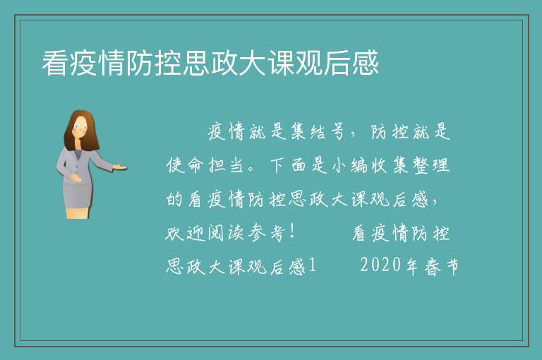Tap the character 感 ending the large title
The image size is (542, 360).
click(366, 63)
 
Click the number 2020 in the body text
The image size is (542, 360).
click(380, 265)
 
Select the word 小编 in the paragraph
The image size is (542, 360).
click(350, 165)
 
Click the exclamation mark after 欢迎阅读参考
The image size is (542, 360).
click(292, 232)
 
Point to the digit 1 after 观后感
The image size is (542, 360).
click(313, 266)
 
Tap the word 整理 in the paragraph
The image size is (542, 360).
click(431, 165)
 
